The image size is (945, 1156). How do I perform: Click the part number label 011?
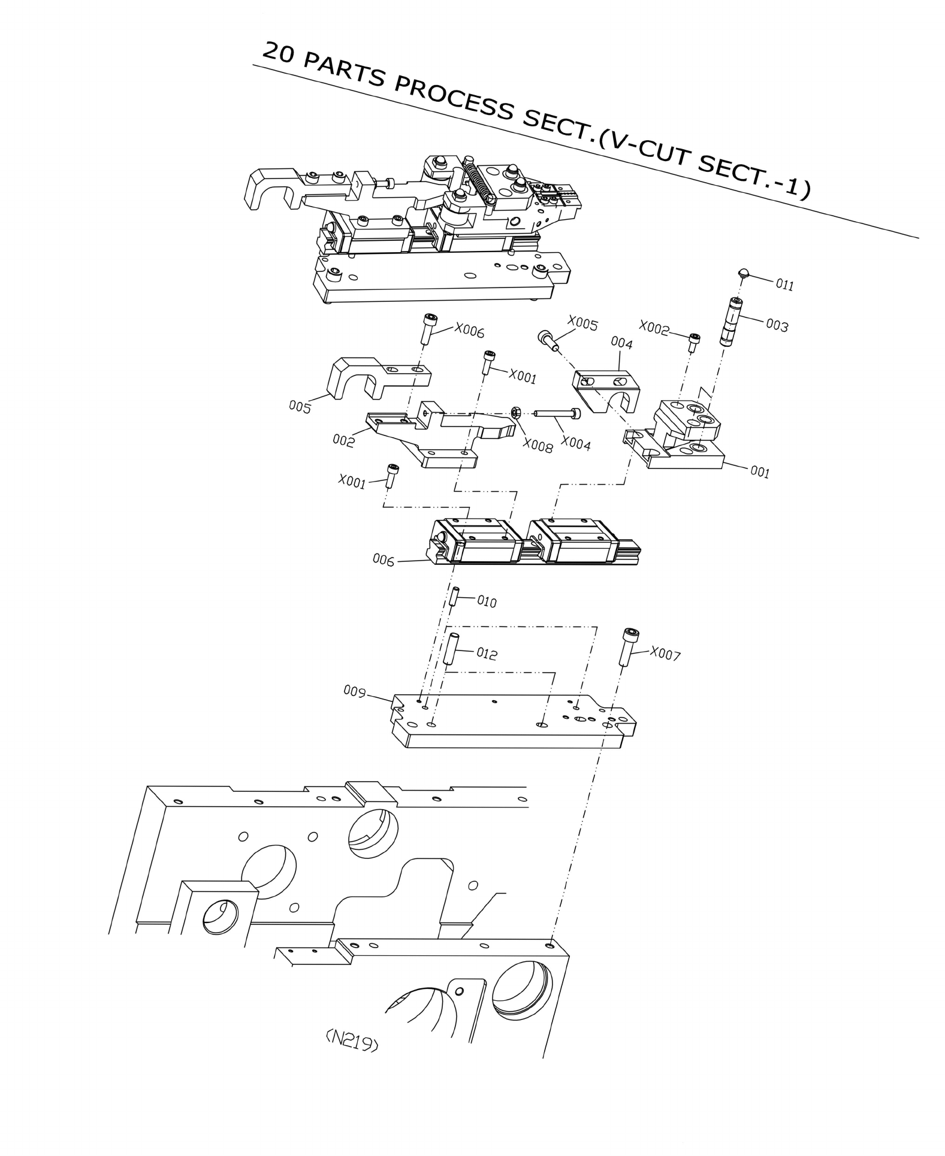click(x=784, y=284)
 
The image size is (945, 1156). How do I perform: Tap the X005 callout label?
click(x=582, y=323)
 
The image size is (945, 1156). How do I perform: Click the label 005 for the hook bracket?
click(x=300, y=407)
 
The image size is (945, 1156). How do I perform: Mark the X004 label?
click(x=575, y=444)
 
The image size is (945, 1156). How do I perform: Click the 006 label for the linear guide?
click(x=384, y=561)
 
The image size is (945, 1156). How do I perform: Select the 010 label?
click(x=487, y=601)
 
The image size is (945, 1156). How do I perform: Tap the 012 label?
click(x=487, y=653)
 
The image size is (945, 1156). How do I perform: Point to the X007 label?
click(x=665, y=655)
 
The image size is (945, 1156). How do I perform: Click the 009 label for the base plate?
click(x=354, y=692)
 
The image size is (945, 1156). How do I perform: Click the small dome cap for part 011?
click(x=744, y=273)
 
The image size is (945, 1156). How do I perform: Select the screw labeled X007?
click(x=629, y=646)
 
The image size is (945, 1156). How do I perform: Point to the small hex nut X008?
click(x=515, y=412)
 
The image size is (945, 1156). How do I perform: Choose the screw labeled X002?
click(x=694, y=342)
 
